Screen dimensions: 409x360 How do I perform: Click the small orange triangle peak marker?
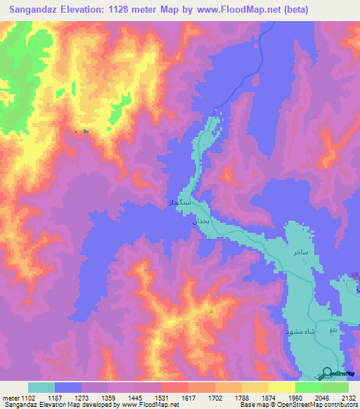pos(211,311)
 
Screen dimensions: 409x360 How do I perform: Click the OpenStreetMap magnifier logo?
pos(326,373)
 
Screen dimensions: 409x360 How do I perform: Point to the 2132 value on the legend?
pos(347,397)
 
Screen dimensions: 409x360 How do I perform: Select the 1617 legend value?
pos(188,397)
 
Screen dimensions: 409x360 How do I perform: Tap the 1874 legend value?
pos(268,397)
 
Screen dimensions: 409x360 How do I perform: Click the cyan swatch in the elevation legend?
pos(41,387)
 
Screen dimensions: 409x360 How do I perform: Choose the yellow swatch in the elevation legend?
pos(281,387)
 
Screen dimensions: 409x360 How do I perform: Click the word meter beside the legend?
pos(10,397)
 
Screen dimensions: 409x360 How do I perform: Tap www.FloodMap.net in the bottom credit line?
pos(150,405)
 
